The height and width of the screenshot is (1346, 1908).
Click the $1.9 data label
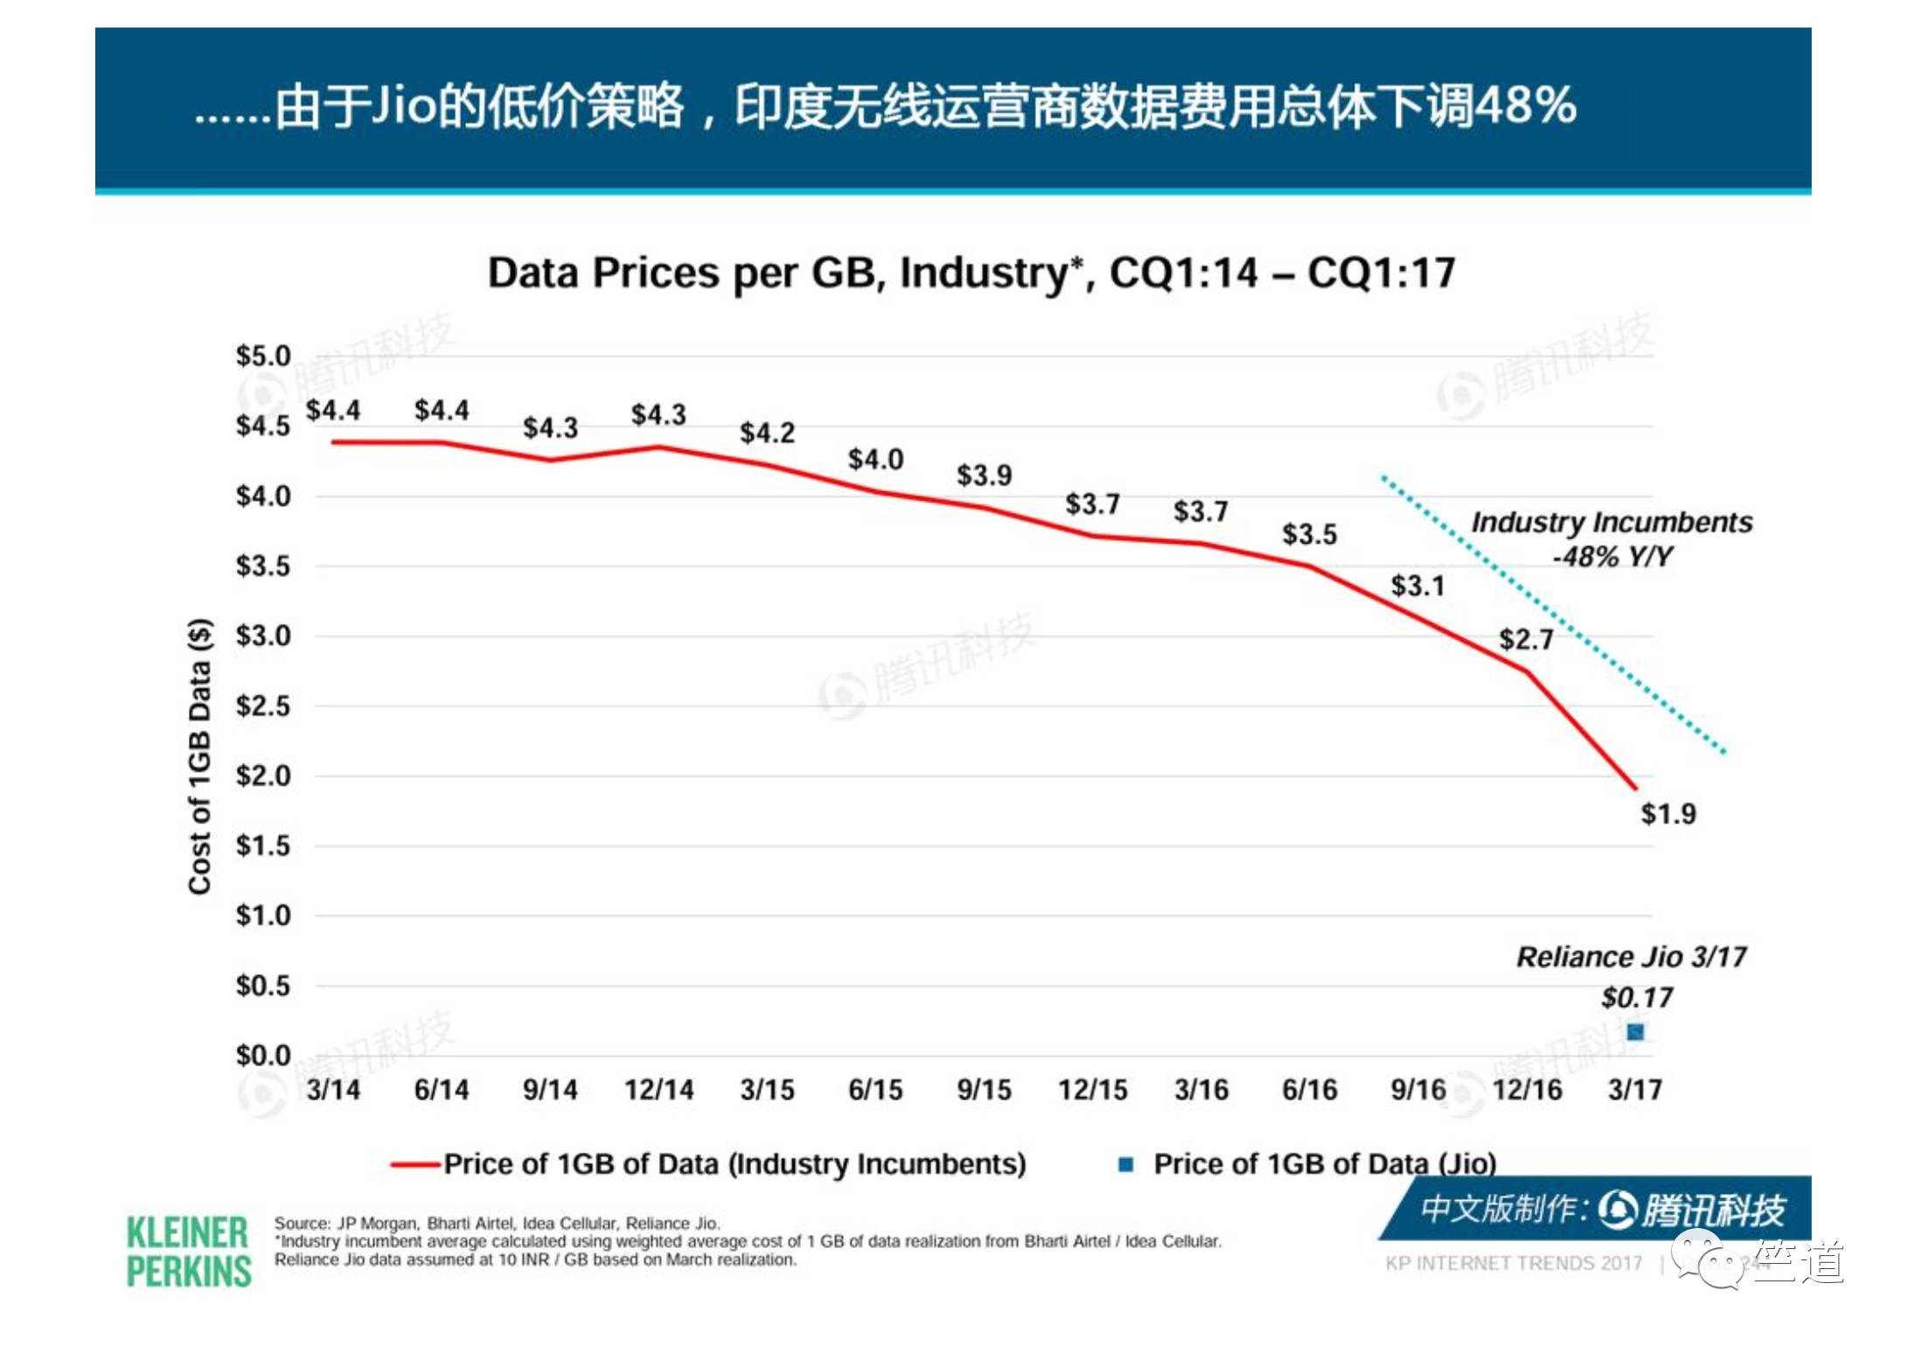tap(1668, 814)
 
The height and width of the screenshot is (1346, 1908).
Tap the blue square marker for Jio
tap(1635, 1032)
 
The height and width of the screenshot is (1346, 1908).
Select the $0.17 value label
tap(1637, 997)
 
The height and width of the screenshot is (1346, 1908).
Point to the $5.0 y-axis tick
tap(262, 356)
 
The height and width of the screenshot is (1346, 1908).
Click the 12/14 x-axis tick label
tap(658, 1090)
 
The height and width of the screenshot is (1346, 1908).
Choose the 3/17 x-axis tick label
tap(1635, 1090)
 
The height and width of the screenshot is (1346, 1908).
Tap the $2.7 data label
tap(1526, 639)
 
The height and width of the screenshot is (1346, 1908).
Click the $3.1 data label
tap(1417, 586)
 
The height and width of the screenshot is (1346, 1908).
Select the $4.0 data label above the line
tap(875, 460)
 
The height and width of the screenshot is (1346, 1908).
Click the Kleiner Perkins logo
tap(189, 1252)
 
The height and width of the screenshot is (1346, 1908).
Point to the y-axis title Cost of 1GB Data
tap(200, 756)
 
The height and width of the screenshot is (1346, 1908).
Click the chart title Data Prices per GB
tap(971, 273)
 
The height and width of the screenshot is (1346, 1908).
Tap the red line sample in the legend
tap(414, 1164)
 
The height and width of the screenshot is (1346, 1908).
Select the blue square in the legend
tap(1126, 1164)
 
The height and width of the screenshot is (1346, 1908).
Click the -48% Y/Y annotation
tap(1612, 557)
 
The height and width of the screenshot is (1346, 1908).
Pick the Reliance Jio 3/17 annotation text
tap(1631, 957)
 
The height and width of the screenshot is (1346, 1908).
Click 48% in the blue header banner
tap(1525, 107)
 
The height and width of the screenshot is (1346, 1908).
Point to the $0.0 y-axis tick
tap(262, 1056)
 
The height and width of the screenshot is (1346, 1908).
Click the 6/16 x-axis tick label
tap(1309, 1090)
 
